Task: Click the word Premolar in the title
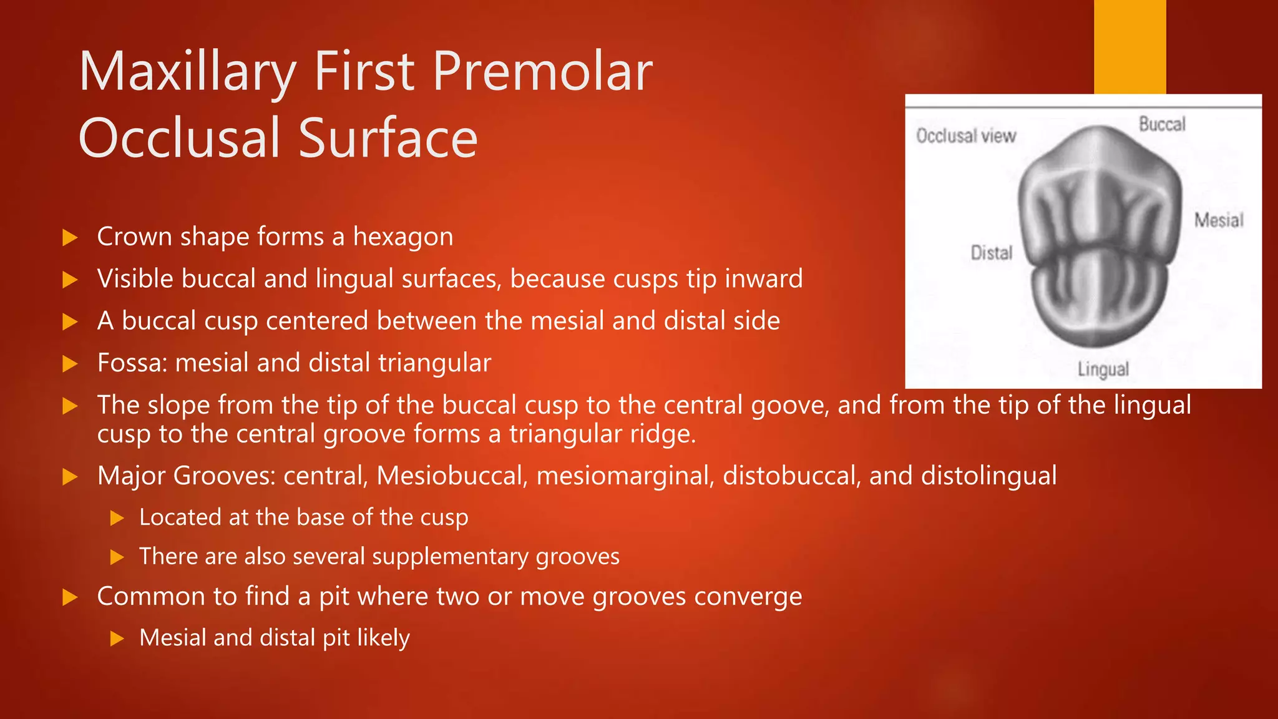(x=542, y=72)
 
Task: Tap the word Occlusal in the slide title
(x=181, y=138)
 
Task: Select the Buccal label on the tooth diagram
(x=1162, y=124)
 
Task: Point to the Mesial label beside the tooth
(x=1219, y=220)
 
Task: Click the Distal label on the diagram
(x=991, y=253)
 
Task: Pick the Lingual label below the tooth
(x=1103, y=369)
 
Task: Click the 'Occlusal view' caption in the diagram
(x=966, y=136)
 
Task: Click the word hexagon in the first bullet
(x=403, y=237)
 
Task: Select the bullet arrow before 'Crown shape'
(x=70, y=238)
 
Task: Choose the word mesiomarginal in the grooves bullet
(x=625, y=476)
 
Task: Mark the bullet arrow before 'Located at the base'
(x=117, y=518)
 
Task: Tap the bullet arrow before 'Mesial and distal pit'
(x=117, y=638)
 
